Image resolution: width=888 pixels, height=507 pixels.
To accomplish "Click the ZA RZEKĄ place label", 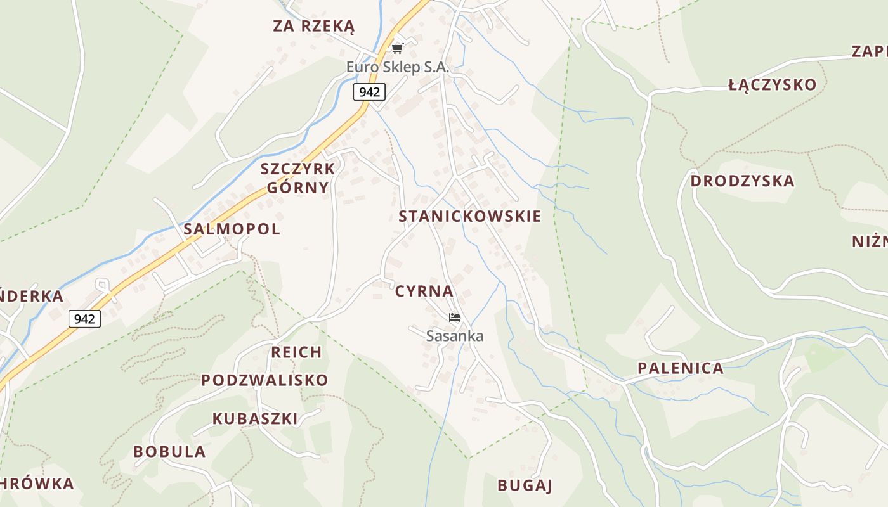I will click(313, 26).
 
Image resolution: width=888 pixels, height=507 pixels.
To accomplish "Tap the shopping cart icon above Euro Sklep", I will click(398, 48).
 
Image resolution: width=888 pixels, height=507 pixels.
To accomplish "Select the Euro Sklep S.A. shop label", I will click(397, 67).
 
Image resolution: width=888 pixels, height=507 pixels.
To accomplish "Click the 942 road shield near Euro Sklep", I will click(369, 92).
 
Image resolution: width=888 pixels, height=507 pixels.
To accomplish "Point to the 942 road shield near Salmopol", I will click(84, 319).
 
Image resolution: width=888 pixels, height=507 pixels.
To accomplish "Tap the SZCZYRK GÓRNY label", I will click(297, 178).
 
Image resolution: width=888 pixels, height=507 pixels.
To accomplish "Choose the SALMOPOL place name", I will click(232, 229).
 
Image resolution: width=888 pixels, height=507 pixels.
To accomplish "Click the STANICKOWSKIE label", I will click(469, 216).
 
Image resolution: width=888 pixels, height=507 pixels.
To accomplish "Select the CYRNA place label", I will click(424, 292).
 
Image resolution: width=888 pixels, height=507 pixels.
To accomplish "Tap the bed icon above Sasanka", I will click(454, 318).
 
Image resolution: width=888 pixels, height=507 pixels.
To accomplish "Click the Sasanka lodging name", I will click(455, 336).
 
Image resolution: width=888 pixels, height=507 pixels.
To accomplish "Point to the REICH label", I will click(296, 352).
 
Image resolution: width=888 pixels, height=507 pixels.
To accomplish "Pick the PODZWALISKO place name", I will click(264, 380).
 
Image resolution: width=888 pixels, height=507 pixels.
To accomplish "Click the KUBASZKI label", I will click(255, 419).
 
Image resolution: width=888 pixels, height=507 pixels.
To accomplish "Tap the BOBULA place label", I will click(169, 452).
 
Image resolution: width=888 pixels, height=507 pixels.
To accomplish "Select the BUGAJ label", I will click(525, 486).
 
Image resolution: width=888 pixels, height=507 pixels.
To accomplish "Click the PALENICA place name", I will click(680, 368).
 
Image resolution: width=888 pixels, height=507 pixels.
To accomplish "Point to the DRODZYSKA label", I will click(742, 181).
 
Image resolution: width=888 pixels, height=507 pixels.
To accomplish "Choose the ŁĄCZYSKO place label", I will click(772, 86).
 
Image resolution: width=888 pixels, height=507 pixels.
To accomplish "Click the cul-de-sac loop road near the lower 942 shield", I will click(101, 283).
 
